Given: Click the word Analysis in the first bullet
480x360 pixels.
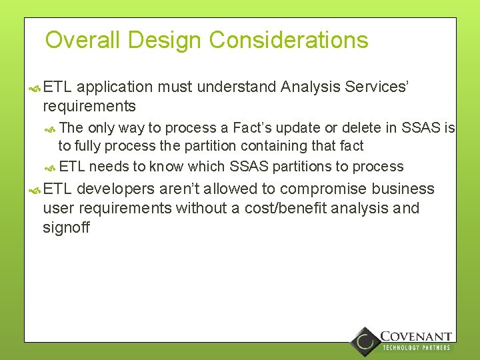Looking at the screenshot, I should coord(311,87).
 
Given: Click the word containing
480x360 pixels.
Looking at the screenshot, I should coord(286,146).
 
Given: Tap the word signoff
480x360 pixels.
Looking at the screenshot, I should coord(66,228).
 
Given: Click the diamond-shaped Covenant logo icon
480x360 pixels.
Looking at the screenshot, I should coord(365,341).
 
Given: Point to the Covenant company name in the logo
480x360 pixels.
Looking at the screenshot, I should coord(415,337).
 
